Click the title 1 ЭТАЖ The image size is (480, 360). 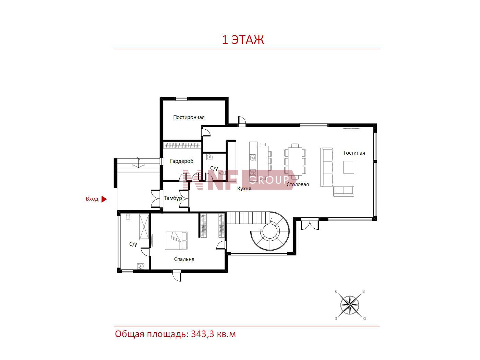coord(243,40)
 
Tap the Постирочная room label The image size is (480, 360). coord(189,117)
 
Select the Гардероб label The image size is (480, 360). coord(181,161)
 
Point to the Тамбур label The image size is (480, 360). coord(173,198)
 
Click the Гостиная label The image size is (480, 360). coord(354,153)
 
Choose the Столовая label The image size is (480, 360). coord(298,184)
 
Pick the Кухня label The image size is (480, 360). coord(244,189)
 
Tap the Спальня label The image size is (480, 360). coord(184,259)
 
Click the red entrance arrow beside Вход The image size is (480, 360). coord(104,199)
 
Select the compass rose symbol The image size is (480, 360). coord(350,305)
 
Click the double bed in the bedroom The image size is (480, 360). coord(176,241)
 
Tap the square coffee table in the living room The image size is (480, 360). coord(349,167)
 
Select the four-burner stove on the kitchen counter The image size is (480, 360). coord(253,173)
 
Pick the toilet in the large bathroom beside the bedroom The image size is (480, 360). coord(128,217)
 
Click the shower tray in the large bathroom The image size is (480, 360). coord(144,227)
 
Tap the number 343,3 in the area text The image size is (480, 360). coord(203,334)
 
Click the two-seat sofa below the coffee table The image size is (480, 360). coord(344,191)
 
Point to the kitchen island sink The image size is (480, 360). coord(253,157)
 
